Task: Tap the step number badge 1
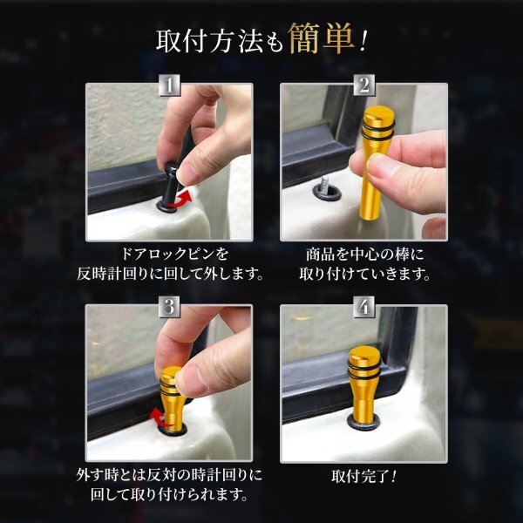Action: point(169,85)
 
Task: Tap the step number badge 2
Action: point(364,85)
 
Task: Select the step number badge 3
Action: point(169,307)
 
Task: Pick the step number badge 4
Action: point(364,307)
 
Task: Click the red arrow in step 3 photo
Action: point(160,418)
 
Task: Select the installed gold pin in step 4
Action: point(363,384)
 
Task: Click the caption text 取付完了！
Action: point(363,476)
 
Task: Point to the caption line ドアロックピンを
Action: point(174,255)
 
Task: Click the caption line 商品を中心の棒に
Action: point(365,255)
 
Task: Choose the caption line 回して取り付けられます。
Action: point(169,494)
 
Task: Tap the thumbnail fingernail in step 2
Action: point(383,165)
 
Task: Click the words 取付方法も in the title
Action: point(220,42)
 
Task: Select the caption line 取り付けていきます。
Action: point(365,275)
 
